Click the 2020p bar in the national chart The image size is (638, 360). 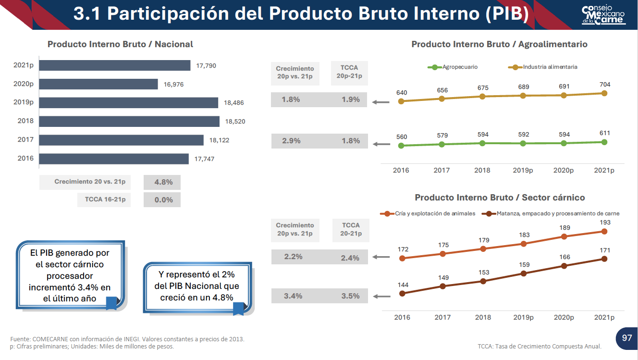pos(98,84)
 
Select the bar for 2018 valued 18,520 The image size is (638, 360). pos(129,121)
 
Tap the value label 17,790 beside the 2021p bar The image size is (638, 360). pos(206,66)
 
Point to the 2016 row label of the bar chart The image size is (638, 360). pos(25,158)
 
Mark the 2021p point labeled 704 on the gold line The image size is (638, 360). pos(604,93)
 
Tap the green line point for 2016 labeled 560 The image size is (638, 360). pos(402,145)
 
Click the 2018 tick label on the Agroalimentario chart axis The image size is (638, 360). pos(482,170)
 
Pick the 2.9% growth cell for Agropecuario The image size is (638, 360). pos(291,141)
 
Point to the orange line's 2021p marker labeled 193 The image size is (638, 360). pos(604,231)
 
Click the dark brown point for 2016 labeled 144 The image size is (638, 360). pos(403,293)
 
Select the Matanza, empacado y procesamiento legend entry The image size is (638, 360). pos(552,213)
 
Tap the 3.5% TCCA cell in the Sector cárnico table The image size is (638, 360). pos(350,296)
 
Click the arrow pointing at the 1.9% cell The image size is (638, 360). pos(381,102)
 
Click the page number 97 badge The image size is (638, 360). pos(626,338)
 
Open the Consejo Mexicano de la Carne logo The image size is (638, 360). pos(603,15)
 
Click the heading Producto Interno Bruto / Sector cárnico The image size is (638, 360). pos(500,198)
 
